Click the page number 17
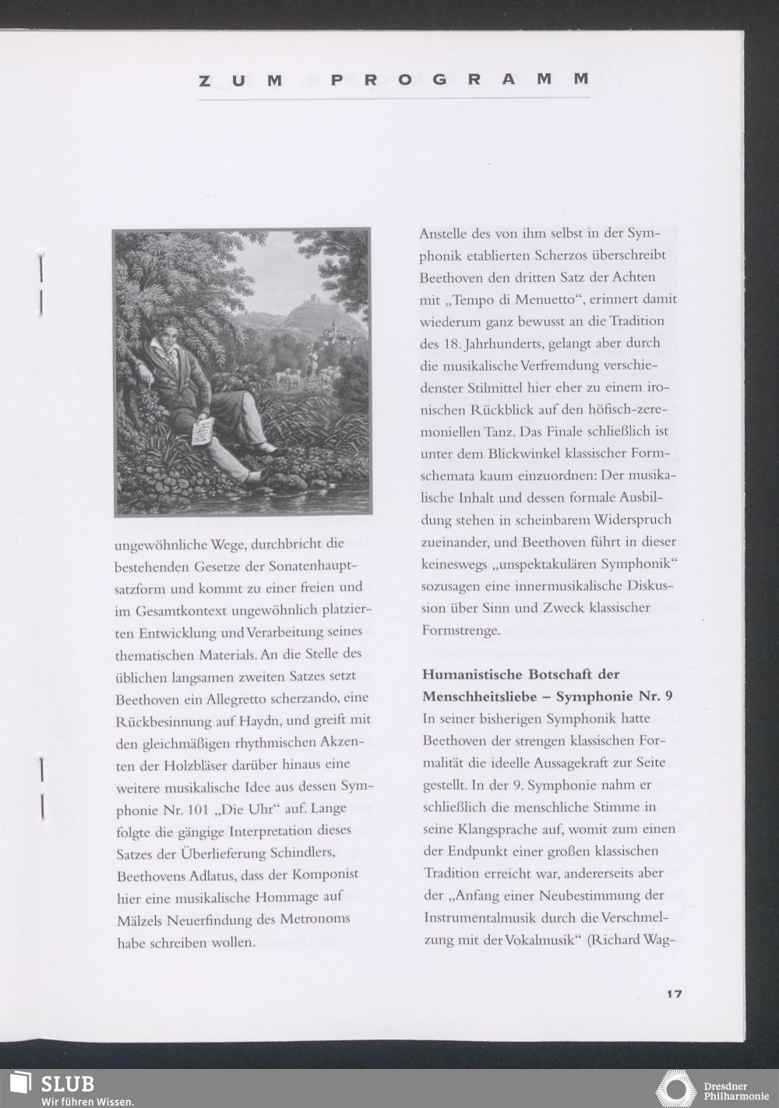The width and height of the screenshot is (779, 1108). [674, 993]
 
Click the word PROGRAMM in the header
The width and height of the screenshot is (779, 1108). [460, 79]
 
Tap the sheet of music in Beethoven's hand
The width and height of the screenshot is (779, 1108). [203, 431]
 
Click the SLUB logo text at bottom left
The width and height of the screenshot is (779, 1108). [68, 1083]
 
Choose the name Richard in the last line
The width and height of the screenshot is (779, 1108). [615, 939]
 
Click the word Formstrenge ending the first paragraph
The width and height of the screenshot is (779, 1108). [461, 630]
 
